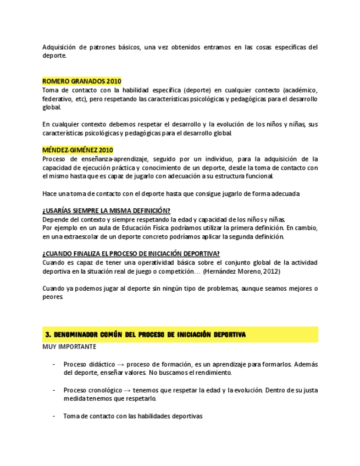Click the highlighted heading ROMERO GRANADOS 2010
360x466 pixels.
[x=82, y=81]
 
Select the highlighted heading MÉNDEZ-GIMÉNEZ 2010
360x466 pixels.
[x=77, y=150]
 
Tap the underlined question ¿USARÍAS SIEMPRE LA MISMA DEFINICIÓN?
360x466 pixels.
[x=106, y=211]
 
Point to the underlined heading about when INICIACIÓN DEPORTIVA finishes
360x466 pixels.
[x=131, y=253]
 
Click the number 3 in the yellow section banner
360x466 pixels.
[x=48, y=335]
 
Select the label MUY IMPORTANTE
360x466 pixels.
[x=69, y=347]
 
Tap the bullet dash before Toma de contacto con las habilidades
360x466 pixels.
[x=54, y=416]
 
